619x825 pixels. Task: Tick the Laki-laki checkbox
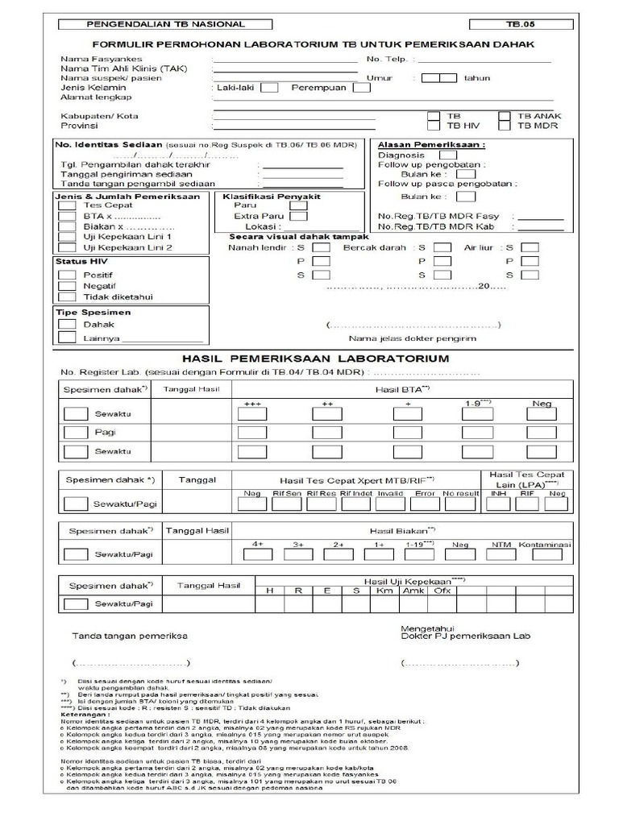(270, 88)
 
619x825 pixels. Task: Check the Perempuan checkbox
(361, 88)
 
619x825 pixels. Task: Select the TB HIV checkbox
(434, 126)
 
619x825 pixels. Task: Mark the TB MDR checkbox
(505, 126)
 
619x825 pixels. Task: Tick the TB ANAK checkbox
(505, 115)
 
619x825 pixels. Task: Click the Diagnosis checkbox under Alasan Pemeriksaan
(448, 155)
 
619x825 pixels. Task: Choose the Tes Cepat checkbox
(67, 205)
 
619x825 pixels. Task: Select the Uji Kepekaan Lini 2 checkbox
(67, 248)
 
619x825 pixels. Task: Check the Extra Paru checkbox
(298, 216)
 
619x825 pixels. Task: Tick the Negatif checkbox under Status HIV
(67, 285)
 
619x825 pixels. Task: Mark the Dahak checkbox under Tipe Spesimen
(67, 324)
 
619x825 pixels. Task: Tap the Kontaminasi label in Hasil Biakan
(545, 545)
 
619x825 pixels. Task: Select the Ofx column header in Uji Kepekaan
(442, 591)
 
